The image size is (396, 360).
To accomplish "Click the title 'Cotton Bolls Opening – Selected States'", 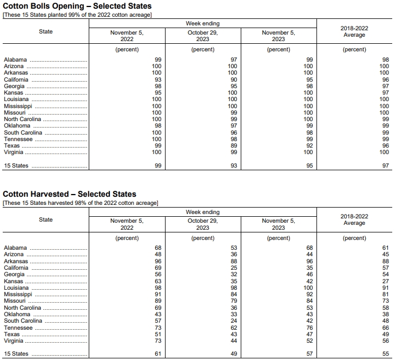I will pyautogui.click(x=77, y=6).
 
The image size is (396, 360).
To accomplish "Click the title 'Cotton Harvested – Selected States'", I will pyautogui.click(x=70, y=194).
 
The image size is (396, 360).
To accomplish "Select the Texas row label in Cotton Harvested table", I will pyautogui.click(x=12, y=335).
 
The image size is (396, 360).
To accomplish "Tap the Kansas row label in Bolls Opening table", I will pyautogui.click(x=13, y=93).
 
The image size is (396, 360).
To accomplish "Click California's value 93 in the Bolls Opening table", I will pyautogui.click(x=158, y=79).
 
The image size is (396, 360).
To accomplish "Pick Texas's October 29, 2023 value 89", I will pyautogui.click(x=234, y=146).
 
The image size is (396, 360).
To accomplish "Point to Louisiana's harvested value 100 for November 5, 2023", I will pyautogui.click(x=308, y=288).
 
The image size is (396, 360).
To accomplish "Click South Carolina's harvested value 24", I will pyautogui.click(x=234, y=321).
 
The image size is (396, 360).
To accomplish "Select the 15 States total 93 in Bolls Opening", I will pyautogui.click(x=234, y=166).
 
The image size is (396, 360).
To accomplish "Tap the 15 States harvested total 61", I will pyautogui.click(x=158, y=355).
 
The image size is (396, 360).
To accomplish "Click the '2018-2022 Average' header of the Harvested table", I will pyautogui.click(x=354, y=219).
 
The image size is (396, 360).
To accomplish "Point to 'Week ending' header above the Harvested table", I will pyautogui.click(x=203, y=212).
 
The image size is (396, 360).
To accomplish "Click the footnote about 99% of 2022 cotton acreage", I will pyautogui.click(x=77, y=15).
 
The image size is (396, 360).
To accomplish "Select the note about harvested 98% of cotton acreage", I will pyautogui.click(x=81, y=203).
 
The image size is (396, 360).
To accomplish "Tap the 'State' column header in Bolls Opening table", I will pyautogui.click(x=46, y=31).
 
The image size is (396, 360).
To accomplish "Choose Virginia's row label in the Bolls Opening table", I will pyautogui.click(x=13, y=152).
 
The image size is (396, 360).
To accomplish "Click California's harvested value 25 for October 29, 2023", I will pyautogui.click(x=234, y=268).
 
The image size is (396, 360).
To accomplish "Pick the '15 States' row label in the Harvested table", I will pyautogui.click(x=17, y=355).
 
